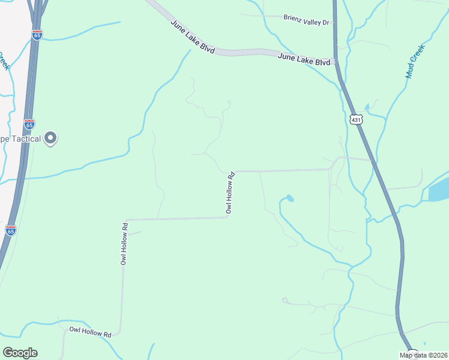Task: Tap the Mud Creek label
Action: pyautogui.click(x=415, y=61)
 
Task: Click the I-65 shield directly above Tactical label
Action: pyautogui.click(x=29, y=124)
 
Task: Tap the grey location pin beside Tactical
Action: pyautogui.click(x=50, y=139)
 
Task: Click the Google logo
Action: pyautogui.click(x=20, y=353)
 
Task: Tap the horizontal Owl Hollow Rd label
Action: pyautogui.click(x=91, y=331)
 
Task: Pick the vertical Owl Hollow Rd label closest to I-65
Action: pyautogui.click(x=124, y=244)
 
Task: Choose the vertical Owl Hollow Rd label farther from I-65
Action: pyautogui.click(x=230, y=193)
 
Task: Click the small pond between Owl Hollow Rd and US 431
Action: pyautogui.click(x=289, y=198)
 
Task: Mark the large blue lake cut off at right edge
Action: pyautogui.click(x=439, y=189)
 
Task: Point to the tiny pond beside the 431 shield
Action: pyautogui.click(x=367, y=108)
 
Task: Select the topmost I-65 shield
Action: pyautogui.click(x=37, y=35)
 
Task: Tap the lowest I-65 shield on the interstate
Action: pyautogui.click(x=10, y=230)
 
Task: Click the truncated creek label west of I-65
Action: pyautogui.click(x=4, y=60)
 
